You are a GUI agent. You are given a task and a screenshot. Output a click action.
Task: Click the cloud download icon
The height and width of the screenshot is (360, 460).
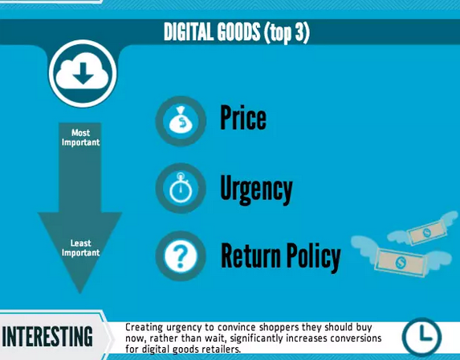point(83,74)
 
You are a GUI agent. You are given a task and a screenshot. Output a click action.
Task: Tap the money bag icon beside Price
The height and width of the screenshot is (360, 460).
point(181,121)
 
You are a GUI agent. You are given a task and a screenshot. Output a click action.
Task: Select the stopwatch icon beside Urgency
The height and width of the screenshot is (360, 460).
point(181,188)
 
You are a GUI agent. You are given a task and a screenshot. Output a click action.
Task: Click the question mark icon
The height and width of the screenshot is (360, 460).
point(181,256)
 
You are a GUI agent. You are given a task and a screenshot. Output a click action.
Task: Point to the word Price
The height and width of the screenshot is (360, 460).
point(243,118)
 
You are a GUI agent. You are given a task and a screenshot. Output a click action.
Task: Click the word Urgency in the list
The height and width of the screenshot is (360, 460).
point(256,190)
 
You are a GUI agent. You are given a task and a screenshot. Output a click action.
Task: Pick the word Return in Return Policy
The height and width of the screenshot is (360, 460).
point(250,256)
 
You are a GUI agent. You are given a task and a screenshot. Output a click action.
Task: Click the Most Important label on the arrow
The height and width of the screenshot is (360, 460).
point(80,137)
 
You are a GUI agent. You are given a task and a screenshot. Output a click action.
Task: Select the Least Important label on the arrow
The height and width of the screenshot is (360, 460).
point(80,247)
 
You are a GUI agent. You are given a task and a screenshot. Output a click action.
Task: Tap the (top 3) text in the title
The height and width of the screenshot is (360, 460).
point(287,32)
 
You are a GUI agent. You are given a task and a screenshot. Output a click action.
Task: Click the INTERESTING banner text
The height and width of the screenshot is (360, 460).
point(47,337)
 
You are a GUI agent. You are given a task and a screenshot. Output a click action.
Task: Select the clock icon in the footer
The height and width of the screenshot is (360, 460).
point(421,337)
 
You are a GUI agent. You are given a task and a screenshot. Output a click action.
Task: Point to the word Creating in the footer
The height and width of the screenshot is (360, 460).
point(144,327)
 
